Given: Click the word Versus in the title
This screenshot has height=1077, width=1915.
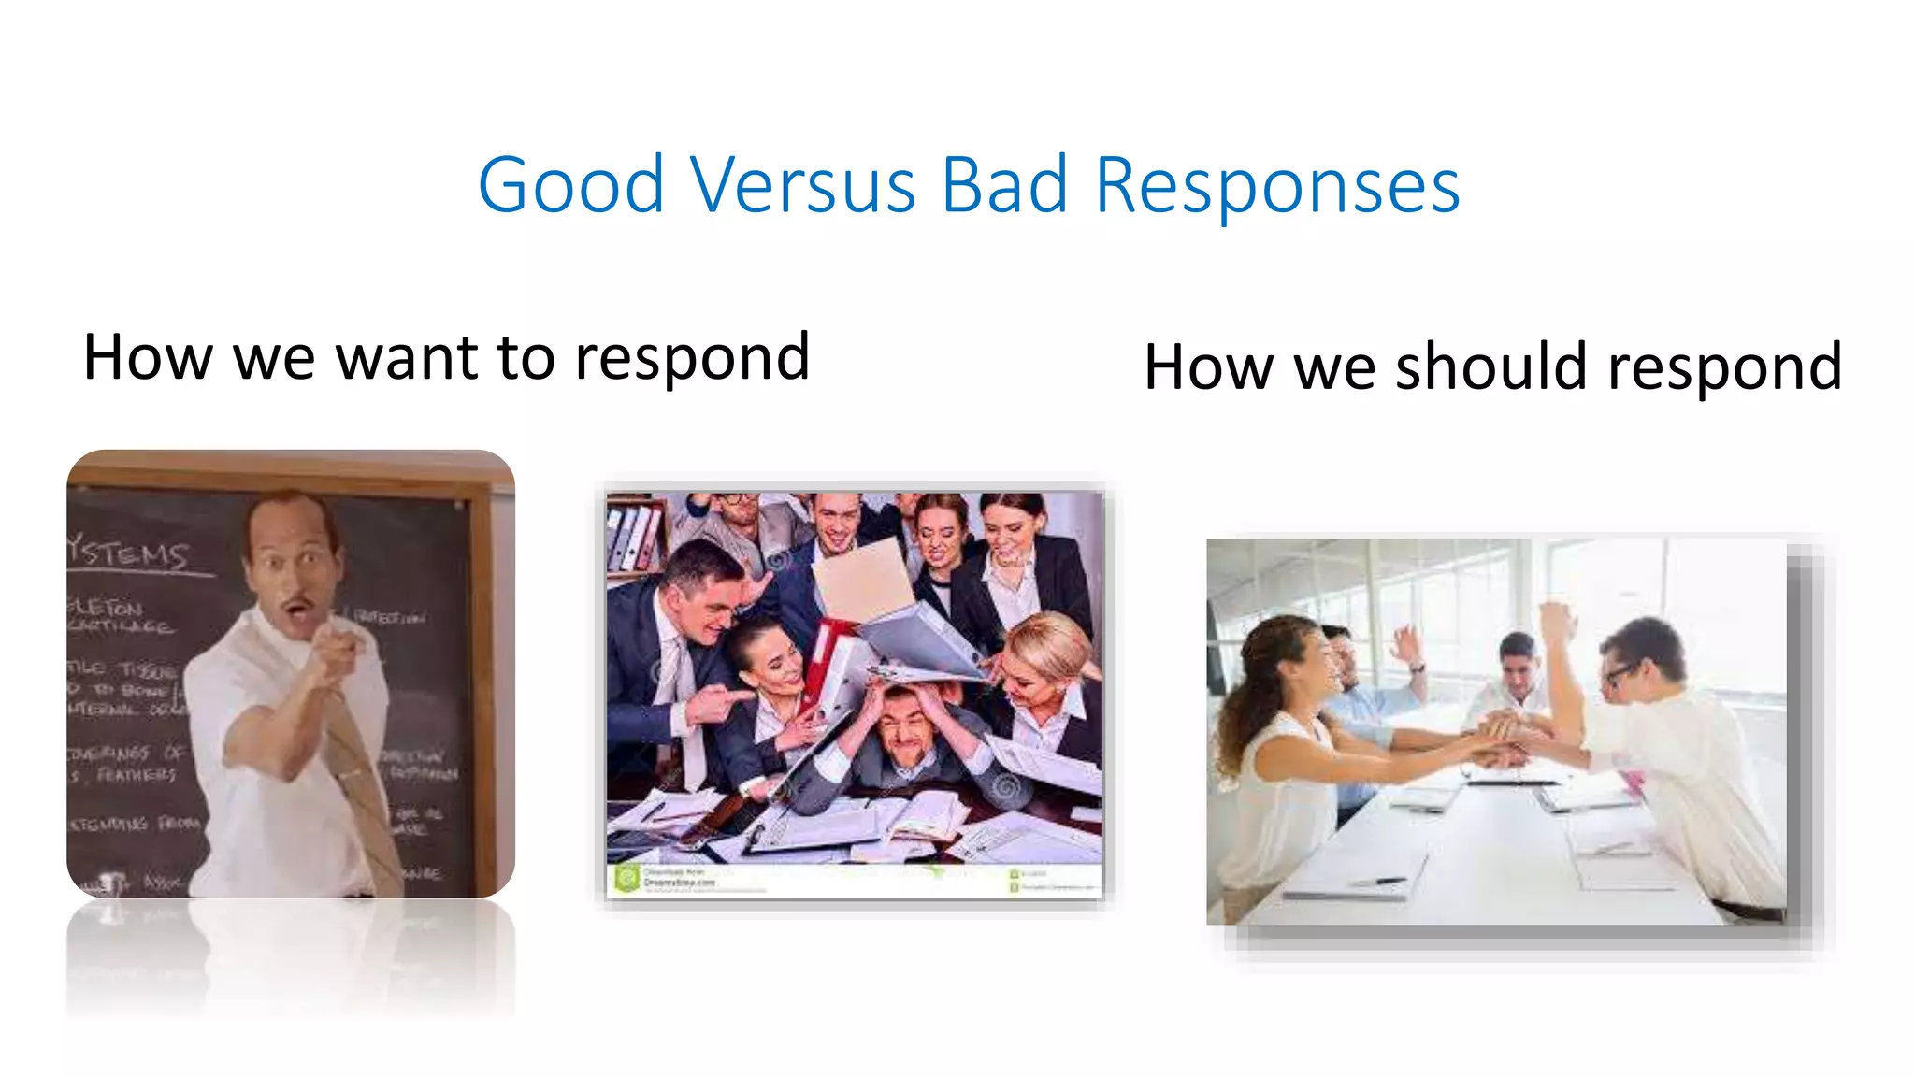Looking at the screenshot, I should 803,185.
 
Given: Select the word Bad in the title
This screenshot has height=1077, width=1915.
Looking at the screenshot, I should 1003,185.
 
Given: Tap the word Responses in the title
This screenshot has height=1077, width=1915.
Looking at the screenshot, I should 1276,187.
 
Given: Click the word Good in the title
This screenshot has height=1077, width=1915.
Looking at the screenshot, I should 570,185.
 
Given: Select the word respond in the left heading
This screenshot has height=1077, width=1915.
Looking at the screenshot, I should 692,359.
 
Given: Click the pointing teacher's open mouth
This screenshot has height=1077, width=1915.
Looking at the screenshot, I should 298,612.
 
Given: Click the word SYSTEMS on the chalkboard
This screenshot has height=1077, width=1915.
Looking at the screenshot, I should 130,553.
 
